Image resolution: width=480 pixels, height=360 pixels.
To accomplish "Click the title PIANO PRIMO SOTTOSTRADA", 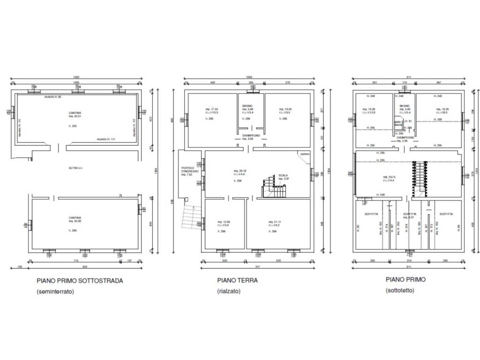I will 80,281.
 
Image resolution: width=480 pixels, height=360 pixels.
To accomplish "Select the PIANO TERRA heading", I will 237,280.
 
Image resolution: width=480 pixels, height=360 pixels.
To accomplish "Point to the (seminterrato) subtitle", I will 56,292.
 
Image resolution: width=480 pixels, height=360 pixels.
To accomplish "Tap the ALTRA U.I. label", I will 75,167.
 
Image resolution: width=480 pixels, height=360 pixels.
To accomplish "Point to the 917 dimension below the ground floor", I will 257,267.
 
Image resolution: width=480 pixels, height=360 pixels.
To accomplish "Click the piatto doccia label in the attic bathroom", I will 397,123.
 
